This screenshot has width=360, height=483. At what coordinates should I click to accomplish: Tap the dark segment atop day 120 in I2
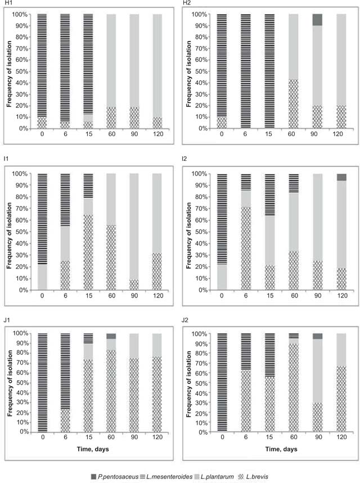point(341,177)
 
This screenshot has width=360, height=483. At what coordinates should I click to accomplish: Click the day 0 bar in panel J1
point(42,382)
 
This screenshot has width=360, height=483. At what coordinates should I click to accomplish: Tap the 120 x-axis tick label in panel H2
point(341,134)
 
